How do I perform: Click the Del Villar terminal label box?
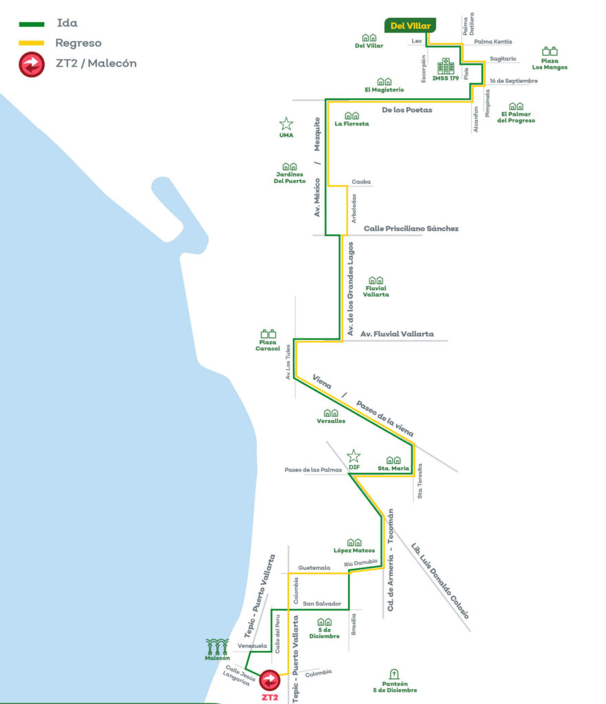click(410, 26)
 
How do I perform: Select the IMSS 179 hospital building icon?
click(446, 67)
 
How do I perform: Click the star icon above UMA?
click(286, 124)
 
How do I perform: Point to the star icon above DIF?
click(354, 456)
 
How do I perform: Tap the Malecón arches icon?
click(217, 647)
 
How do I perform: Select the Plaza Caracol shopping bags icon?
click(269, 334)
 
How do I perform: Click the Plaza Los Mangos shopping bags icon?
click(550, 51)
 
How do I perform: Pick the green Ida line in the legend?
click(31, 24)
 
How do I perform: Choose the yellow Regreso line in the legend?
click(31, 43)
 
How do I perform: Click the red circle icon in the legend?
click(31, 65)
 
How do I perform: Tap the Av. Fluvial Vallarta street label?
click(398, 333)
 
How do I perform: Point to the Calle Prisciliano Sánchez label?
click(411, 228)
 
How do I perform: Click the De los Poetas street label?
click(407, 110)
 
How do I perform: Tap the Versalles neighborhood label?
click(331, 421)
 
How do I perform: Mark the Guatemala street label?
click(314, 568)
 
